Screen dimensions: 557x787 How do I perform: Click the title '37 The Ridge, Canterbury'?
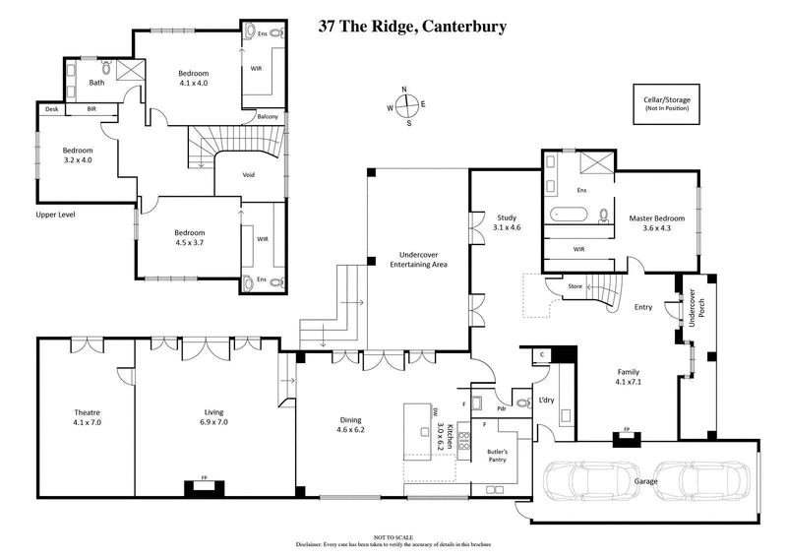coord(412,27)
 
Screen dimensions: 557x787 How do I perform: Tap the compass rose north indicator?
coord(405,90)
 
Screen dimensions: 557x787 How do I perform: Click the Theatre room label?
coord(88,416)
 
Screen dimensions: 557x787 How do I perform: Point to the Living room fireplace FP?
coord(205,484)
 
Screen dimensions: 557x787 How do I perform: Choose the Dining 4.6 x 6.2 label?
coord(351,423)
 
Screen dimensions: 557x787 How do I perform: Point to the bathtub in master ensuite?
coord(572,214)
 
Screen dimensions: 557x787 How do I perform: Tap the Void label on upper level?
coord(249,176)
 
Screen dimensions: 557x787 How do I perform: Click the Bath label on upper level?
coord(96,83)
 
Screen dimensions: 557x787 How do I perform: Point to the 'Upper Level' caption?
coord(55,214)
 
